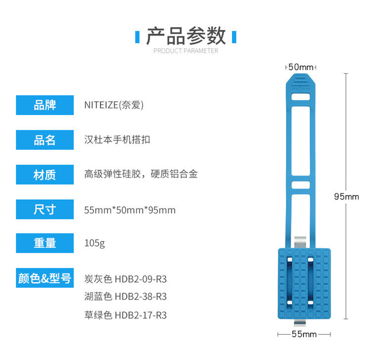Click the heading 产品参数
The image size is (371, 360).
point(186,36)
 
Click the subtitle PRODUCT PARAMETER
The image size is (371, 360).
point(186,50)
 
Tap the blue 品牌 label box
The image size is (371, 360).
point(45,105)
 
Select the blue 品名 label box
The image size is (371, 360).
point(45,140)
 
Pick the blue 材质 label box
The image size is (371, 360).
point(45,175)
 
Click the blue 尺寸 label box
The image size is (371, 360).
point(45,210)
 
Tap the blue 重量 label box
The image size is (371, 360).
point(45,243)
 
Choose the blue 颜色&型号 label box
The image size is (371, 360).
point(45,278)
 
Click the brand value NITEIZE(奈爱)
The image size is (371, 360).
point(114,105)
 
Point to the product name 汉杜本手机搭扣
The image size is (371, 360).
point(117,140)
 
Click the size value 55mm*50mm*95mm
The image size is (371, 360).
point(130,210)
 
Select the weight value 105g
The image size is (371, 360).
point(94,244)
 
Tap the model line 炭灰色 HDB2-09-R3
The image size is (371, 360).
point(126,279)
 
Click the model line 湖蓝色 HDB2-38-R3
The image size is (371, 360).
point(126,297)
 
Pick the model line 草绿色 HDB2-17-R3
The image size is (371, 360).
point(126,315)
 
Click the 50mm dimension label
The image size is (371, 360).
point(301,67)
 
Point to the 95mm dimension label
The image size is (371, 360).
point(346,196)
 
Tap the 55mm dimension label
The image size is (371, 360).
point(304,334)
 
